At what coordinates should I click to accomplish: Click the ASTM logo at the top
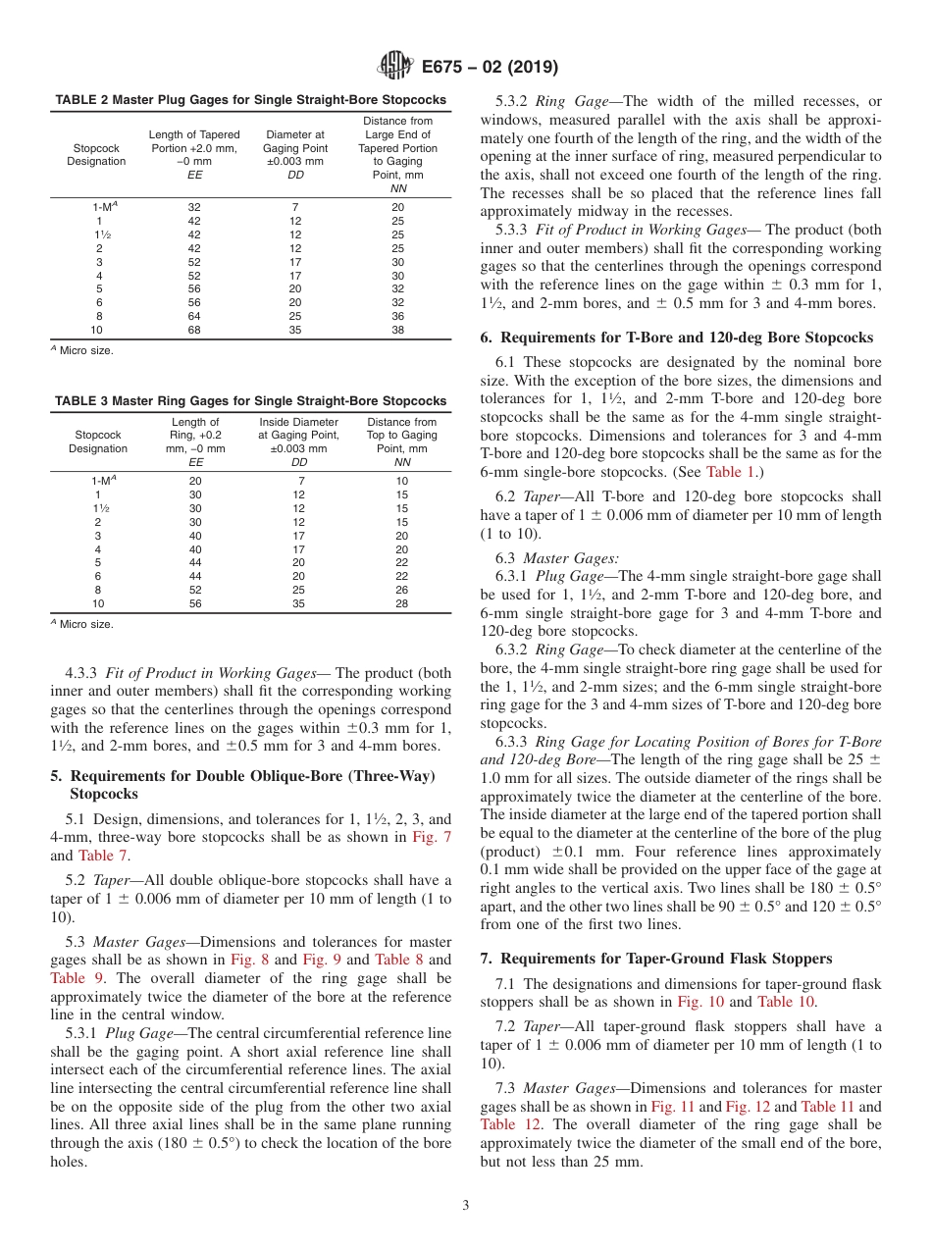click(395, 67)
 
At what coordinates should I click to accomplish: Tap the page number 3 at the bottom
click(466, 1205)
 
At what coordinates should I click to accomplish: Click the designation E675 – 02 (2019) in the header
click(490, 68)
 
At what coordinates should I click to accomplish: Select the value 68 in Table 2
click(193, 331)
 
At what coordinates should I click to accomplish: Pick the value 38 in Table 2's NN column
click(397, 331)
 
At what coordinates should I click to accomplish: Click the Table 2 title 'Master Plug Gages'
click(250, 100)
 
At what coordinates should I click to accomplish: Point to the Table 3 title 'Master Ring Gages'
click(250, 401)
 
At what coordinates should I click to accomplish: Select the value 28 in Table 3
click(401, 604)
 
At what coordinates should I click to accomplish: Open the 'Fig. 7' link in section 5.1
click(432, 837)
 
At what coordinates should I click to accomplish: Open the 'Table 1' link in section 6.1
click(730, 472)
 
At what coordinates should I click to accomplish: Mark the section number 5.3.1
click(81, 1033)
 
